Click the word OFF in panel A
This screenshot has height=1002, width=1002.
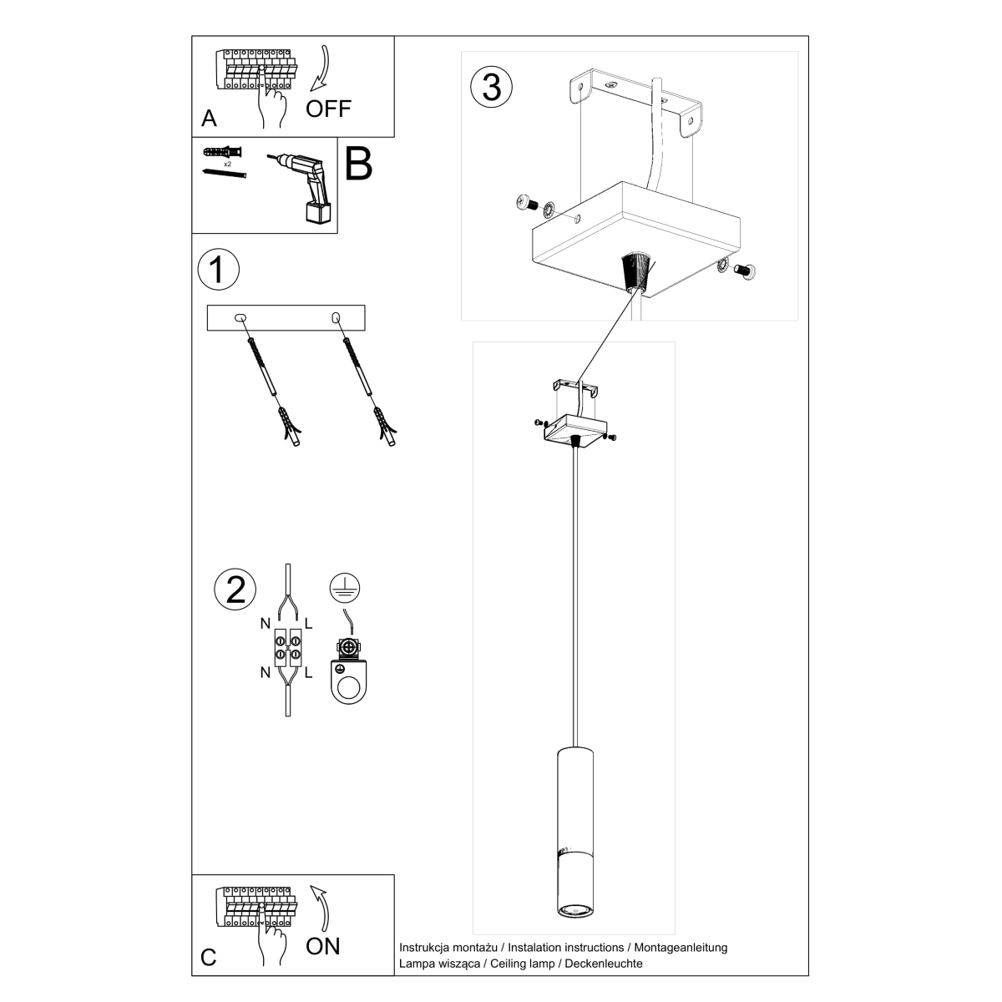coord(328,108)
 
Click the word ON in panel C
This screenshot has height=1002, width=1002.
coord(323,945)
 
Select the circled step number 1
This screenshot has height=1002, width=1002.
coord(219,270)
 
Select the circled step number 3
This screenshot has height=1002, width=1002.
coord(492,87)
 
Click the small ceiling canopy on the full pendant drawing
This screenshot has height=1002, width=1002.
coord(573,428)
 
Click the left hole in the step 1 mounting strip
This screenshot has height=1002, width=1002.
coord(240,317)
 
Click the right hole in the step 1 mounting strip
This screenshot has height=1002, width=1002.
coord(337,317)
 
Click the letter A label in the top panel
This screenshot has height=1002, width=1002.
coord(209,118)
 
